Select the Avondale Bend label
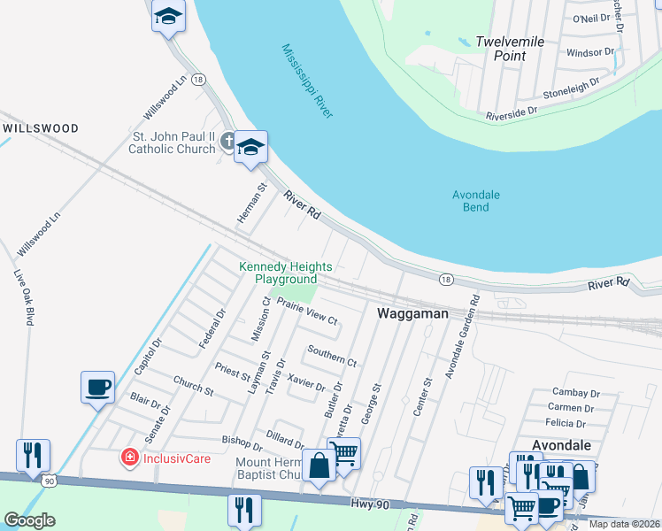point(476,201)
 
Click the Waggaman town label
point(413,313)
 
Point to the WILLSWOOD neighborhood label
point(41,128)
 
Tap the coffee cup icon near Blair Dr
point(97,387)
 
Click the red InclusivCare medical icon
point(129,458)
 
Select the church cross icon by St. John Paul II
point(227,141)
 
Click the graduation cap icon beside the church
point(250,147)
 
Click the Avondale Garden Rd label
point(461,336)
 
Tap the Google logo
point(29,520)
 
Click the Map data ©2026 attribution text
point(626,524)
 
